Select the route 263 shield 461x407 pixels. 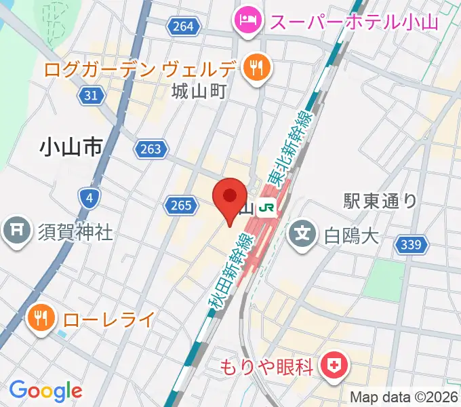(149, 149)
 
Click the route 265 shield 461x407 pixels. (180, 204)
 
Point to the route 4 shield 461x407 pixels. (89, 198)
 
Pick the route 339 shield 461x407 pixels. (415, 246)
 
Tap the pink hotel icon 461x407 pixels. (244, 20)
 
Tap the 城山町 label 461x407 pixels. (199, 90)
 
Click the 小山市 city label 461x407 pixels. (71, 146)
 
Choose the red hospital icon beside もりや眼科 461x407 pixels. (334, 367)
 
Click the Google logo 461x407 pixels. (46, 391)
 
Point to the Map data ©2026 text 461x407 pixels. (403, 398)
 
